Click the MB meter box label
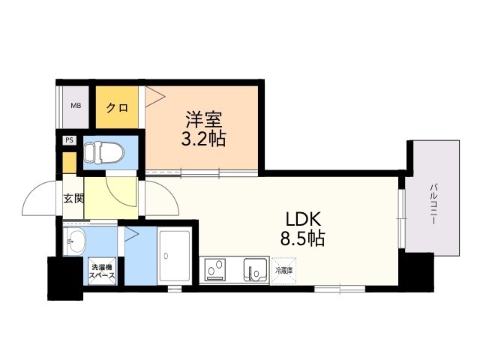point(76,106)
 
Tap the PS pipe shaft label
point(70,140)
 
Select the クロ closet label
point(117,107)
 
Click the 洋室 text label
point(203,120)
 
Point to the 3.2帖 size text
point(203,139)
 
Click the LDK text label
point(303,220)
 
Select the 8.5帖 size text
point(302,238)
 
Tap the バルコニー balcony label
point(433,204)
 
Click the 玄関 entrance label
point(73,199)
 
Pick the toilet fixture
point(103,151)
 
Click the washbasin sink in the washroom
point(75,241)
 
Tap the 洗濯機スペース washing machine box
point(102,271)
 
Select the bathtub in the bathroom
point(175,256)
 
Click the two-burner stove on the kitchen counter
point(217,270)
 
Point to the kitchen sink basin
point(256,269)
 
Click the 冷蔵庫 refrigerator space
point(284,271)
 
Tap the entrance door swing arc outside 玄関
point(39,198)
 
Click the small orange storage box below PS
point(70,163)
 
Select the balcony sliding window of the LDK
point(401,218)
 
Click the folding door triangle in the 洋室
point(155,97)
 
